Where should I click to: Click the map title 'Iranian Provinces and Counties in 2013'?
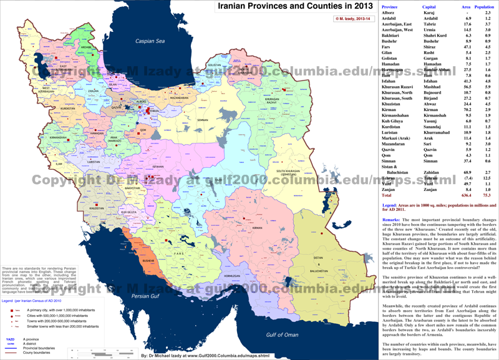(x=296, y=6)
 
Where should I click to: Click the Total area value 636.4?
(x=465, y=195)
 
